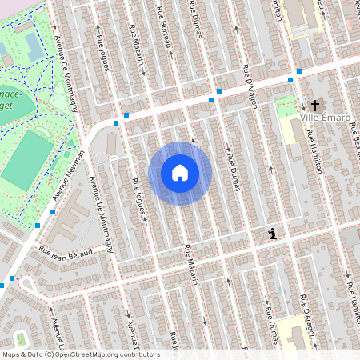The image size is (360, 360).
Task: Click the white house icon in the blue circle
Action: (x=180, y=173)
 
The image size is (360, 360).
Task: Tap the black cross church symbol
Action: (x=315, y=105)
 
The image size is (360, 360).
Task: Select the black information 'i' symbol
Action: (x=273, y=234)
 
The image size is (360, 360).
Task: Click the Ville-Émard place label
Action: (x=328, y=118)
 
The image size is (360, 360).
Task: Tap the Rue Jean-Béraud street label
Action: (x=66, y=252)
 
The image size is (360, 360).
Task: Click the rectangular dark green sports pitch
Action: (x=26, y=160)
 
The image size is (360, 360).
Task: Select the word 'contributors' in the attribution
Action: (x=138, y=354)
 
